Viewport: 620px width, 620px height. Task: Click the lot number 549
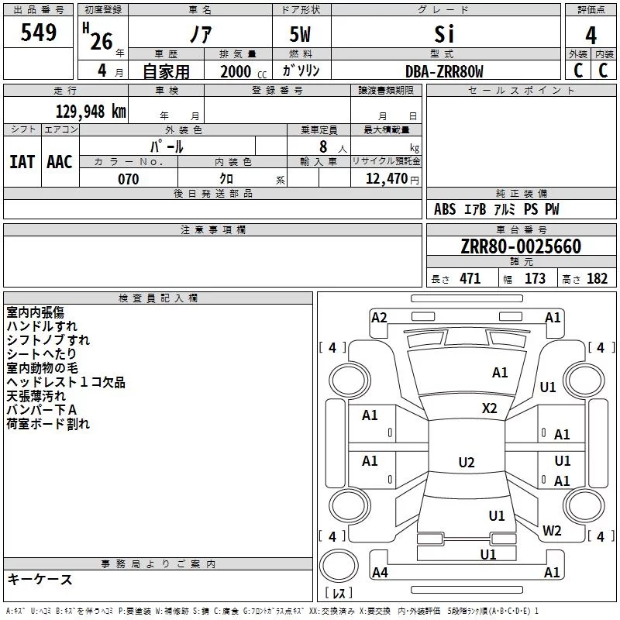click(38, 32)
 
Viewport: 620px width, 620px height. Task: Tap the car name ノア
click(201, 33)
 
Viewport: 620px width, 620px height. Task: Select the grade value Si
click(444, 34)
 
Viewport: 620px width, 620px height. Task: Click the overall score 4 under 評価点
click(591, 36)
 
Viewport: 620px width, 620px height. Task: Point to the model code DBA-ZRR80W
click(444, 71)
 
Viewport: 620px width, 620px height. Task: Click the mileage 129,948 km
click(91, 112)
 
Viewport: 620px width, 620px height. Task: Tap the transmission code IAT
click(22, 162)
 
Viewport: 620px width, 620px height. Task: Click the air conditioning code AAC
click(60, 162)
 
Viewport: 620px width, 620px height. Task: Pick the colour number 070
click(129, 179)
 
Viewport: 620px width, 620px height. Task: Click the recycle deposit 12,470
click(387, 179)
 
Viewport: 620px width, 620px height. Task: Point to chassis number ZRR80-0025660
click(521, 246)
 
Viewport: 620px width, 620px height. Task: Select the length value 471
click(470, 278)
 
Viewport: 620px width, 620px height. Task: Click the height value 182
click(597, 278)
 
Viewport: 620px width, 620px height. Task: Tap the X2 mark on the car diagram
click(490, 408)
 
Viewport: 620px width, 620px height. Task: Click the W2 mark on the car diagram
click(552, 530)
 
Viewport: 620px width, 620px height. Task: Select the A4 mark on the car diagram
click(380, 572)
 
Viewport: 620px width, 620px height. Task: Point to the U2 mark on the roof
click(467, 462)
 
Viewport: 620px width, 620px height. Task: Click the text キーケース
click(40, 579)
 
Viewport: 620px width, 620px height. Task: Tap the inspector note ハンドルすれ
click(42, 326)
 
